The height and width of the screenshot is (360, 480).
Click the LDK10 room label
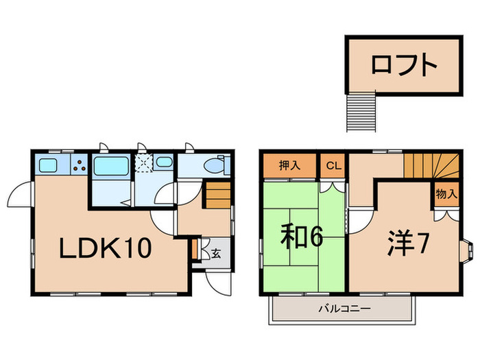(x=106, y=248)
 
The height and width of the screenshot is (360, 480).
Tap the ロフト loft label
(x=404, y=65)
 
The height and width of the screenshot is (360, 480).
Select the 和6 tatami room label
(x=302, y=236)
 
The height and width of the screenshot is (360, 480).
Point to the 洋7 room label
(x=407, y=243)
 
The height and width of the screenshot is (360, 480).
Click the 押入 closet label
(x=289, y=166)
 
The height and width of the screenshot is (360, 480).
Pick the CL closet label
(x=333, y=166)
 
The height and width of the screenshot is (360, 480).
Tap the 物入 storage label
(x=446, y=193)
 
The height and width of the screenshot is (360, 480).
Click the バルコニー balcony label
(x=345, y=309)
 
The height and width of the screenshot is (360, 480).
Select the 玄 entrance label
(x=216, y=253)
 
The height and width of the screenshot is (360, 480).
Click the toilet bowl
(x=217, y=165)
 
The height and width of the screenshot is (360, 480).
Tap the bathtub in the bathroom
(x=111, y=166)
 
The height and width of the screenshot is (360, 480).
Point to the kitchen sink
(x=49, y=166)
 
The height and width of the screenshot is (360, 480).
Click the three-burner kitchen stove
(x=80, y=165)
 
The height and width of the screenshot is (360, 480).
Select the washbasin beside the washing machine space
(x=164, y=162)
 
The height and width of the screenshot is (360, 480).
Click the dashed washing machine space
(x=144, y=163)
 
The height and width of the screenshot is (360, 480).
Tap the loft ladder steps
(x=361, y=112)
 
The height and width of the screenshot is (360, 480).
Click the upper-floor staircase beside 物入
(x=431, y=166)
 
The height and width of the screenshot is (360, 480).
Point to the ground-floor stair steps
(x=218, y=195)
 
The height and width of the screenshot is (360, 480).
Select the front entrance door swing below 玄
(x=218, y=283)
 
